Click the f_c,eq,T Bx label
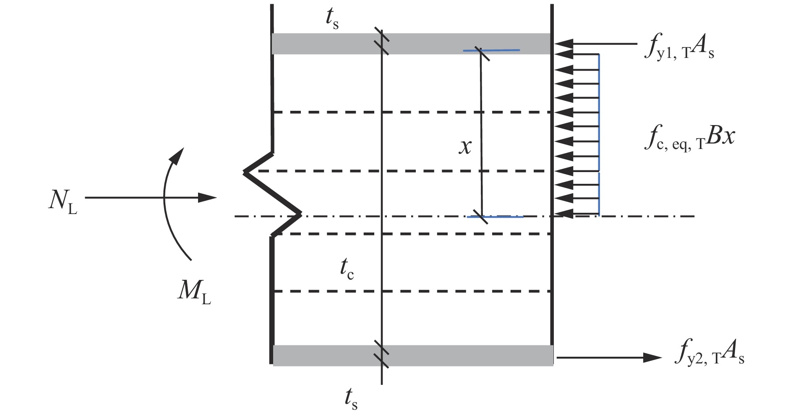689,141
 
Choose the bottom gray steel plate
413,355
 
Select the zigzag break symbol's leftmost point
245,172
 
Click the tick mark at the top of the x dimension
481,51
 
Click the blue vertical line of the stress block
599,134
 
